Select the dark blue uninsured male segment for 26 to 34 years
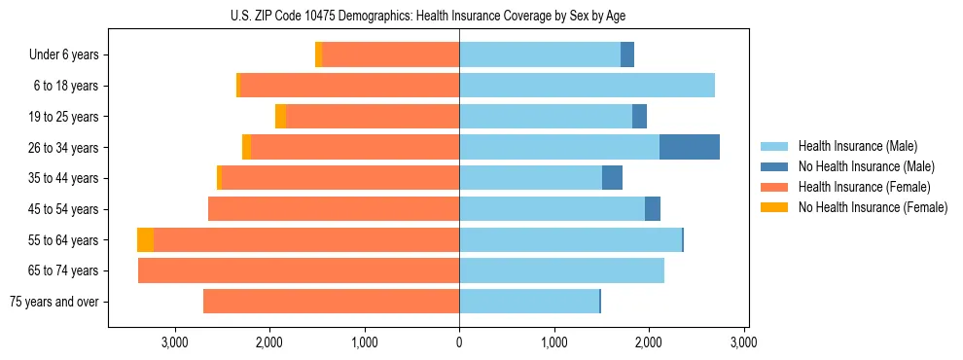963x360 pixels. tap(690, 147)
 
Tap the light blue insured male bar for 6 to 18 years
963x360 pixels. tap(587, 86)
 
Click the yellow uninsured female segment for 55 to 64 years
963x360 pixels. tap(145, 240)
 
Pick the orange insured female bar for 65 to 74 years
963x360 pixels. tap(299, 270)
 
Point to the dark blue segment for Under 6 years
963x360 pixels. tap(627, 54)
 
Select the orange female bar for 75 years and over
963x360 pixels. tap(331, 302)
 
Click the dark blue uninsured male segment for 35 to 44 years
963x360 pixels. tap(612, 178)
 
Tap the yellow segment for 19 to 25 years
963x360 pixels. tap(280, 117)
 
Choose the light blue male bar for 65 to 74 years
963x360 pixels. tap(561, 270)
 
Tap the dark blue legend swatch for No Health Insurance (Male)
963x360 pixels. tap(774, 166)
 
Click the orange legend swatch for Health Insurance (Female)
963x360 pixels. tap(774, 187)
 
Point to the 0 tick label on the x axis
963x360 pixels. tap(459, 342)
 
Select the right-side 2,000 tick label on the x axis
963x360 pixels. tap(649, 342)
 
